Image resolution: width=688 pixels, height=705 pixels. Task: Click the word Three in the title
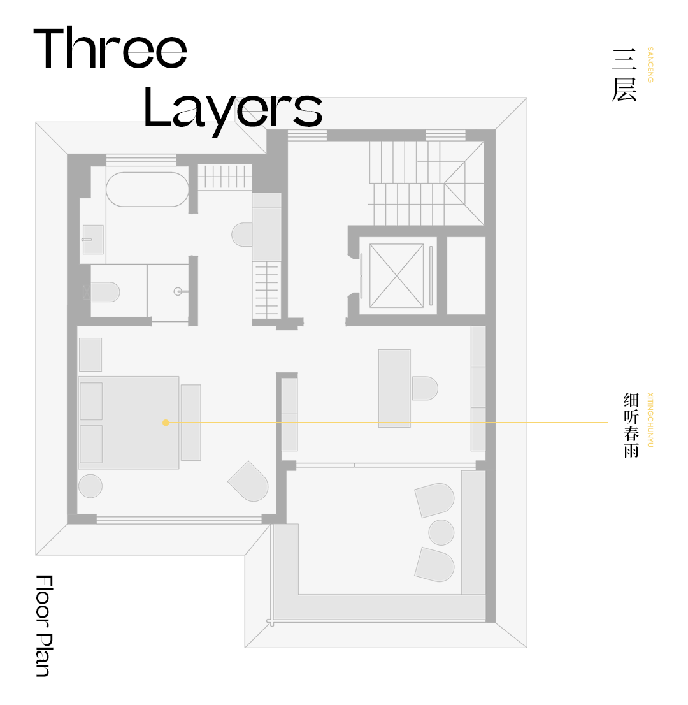tap(110, 48)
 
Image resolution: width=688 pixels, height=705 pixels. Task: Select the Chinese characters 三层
tap(625, 75)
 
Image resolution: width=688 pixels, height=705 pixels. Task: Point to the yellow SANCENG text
tap(650, 65)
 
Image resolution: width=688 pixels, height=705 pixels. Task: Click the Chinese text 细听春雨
tap(631, 425)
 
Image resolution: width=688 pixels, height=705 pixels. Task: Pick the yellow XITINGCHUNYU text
tap(650, 420)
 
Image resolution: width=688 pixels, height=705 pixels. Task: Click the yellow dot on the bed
tap(166, 423)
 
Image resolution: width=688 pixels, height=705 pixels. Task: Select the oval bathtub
tap(147, 189)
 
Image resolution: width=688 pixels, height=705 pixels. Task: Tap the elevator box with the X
tap(396, 275)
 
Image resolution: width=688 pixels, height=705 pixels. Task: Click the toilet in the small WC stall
tap(105, 292)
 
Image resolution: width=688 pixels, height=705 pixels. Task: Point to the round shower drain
tap(178, 292)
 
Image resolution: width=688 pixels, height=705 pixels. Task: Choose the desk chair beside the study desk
tap(425, 388)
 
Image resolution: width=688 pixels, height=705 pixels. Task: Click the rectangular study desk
tap(394, 388)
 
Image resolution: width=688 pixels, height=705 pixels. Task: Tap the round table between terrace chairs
tap(441, 532)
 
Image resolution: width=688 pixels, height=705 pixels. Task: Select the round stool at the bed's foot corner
tap(90, 486)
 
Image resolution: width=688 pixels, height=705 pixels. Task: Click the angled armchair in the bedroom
tap(248, 481)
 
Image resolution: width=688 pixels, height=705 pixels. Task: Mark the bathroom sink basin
tap(93, 240)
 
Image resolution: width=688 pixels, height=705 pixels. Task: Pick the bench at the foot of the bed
tap(191, 423)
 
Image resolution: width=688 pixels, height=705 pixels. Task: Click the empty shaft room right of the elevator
tap(466, 275)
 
